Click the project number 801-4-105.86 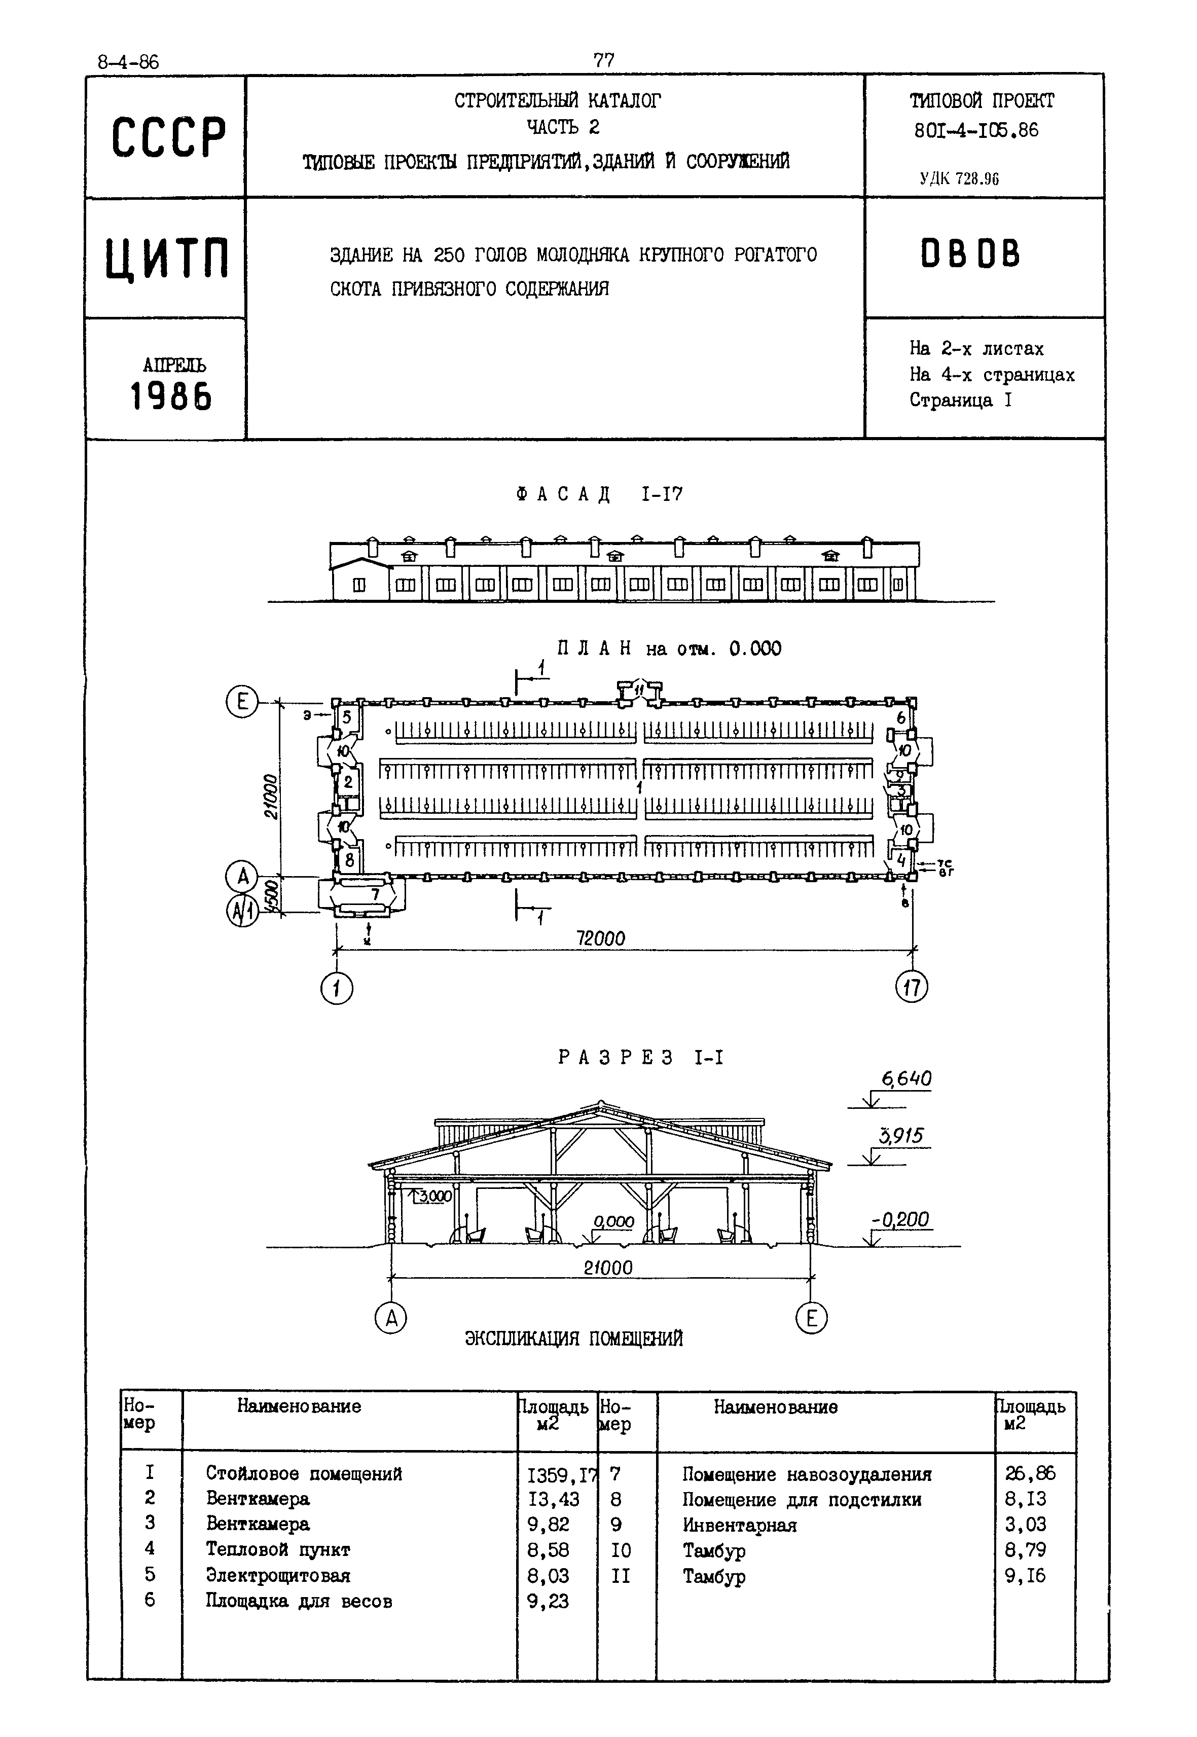point(976,130)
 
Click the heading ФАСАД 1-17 point(599,494)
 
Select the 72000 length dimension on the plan point(600,938)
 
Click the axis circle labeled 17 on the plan point(911,987)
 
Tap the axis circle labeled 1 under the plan point(337,989)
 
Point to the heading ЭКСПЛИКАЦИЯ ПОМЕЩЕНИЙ point(574,1339)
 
